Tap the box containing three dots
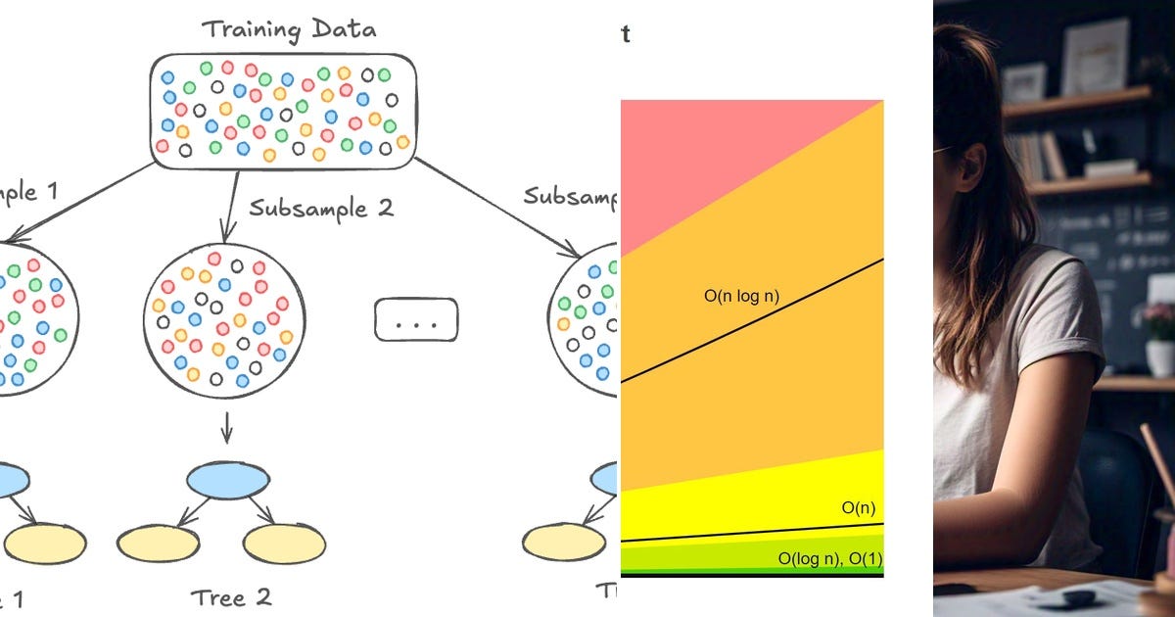416,319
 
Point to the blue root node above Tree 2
227,479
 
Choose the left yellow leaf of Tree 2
158,544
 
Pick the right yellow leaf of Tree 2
284,544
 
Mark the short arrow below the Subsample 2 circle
226,426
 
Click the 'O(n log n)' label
741,295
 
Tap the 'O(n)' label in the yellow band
858,507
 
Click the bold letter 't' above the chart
625,34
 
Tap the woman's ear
970,166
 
